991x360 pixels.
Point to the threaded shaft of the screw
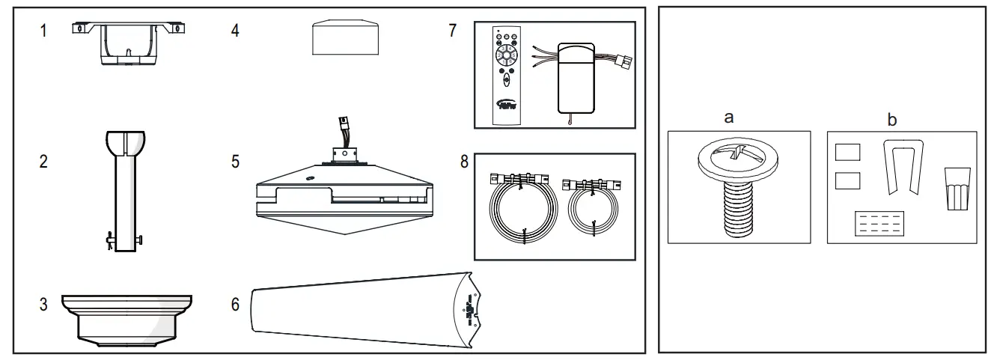click(x=737, y=206)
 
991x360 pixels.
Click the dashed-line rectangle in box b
click(x=879, y=223)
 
